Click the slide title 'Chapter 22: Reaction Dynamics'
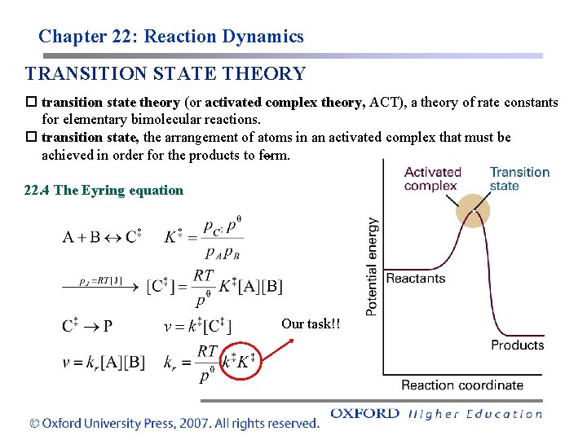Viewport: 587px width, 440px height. point(170,37)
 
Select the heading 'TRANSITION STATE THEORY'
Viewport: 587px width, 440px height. point(165,74)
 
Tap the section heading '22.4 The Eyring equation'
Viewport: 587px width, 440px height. point(104,191)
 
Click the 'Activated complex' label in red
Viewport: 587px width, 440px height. point(432,178)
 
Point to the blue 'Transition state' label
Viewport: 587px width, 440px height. point(519,178)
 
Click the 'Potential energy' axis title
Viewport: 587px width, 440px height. point(372,266)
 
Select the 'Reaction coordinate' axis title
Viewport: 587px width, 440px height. point(462,385)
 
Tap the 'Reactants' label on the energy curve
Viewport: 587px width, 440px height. point(416,279)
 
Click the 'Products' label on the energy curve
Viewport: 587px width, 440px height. point(517,345)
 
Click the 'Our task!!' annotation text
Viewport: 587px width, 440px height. point(311,324)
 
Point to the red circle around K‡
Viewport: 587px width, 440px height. point(246,360)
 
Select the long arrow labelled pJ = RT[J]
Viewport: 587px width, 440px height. point(101,286)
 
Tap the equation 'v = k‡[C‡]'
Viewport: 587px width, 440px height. point(197,328)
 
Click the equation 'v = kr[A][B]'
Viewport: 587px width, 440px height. point(104,362)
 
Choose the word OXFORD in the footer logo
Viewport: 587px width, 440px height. point(364,413)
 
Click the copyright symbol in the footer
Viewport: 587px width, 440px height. point(33,423)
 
